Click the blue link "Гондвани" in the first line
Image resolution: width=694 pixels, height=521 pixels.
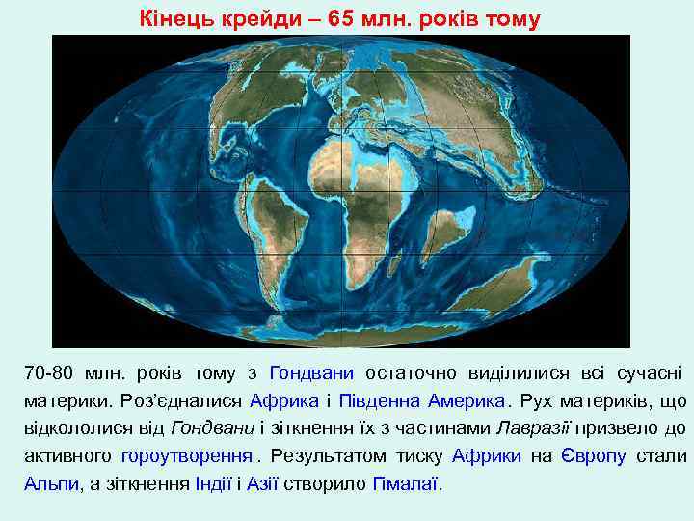pos(312,372)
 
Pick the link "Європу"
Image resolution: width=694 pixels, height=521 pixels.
pos(596,456)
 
